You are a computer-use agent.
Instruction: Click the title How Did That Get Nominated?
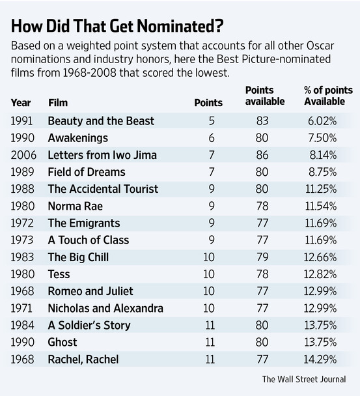pyautogui.click(x=117, y=26)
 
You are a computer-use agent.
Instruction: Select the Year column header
pyautogui.click(x=21, y=103)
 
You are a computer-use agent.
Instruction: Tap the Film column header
pyautogui.click(x=58, y=103)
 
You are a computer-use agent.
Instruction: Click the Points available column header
pyautogui.click(x=265, y=96)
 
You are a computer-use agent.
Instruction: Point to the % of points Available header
pyautogui.click(x=328, y=96)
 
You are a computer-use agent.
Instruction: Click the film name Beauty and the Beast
pyautogui.click(x=101, y=121)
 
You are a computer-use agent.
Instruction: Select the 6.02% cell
pyautogui.click(x=322, y=121)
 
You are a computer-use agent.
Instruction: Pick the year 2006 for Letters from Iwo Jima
pyautogui.click(x=23, y=155)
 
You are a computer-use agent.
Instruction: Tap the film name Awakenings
pyautogui.click(x=77, y=138)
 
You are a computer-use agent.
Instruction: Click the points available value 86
pyautogui.click(x=262, y=155)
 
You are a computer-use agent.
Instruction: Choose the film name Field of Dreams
pyautogui.click(x=87, y=172)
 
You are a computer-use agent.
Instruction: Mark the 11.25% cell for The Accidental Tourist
pyautogui.click(x=321, y=189)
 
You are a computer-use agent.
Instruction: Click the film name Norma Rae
pyautogui.click(x=76, y=206)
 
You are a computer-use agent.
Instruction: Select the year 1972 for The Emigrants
pyautogui.click(x=22, y=223)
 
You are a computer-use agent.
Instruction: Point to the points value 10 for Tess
pyautogui.click(x=209, y=274)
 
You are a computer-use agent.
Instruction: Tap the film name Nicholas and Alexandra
pyautogui.click(x=105, y=308)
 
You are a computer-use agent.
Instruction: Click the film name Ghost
pyautogui.click(x=62, y=342)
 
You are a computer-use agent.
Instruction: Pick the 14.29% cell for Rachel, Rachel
pyautogui.click(x=320, y=360)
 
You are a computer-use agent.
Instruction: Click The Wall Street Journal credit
pyautogui.click(x=304, y=379)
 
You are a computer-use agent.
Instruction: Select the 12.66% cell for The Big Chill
pyautogui.click(x=320, y=257)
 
